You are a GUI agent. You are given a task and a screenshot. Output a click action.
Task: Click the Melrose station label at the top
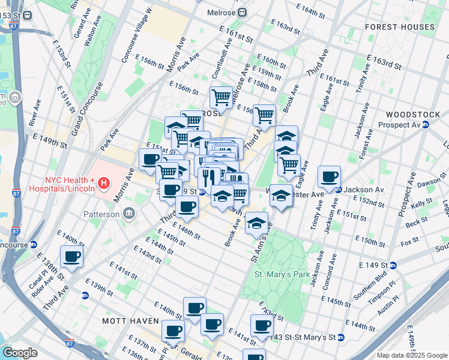pyautogui.click(x=220, y=12)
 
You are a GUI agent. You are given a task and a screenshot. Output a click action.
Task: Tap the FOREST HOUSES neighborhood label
pyautogui.click(x=408, y=27)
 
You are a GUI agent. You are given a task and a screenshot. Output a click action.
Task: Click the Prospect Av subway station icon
pyautogui.click(x=425, y=125)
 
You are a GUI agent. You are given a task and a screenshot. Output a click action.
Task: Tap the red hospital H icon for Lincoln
pyautogui.click(x=104, y=182)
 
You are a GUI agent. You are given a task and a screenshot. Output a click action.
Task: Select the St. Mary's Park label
pyautogui.click(x=282, y=274)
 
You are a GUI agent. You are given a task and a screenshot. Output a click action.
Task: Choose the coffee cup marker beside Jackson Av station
pyautogui.click(x=329, y=177)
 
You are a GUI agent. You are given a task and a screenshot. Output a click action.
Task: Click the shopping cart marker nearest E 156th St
pyautogui.click(x=221, y=97)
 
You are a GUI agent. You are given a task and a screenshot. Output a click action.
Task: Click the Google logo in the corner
pyautogui.click(x=20, y=353)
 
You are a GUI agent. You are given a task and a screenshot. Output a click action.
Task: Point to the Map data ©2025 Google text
pyautogui.click(x=411, y=355)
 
